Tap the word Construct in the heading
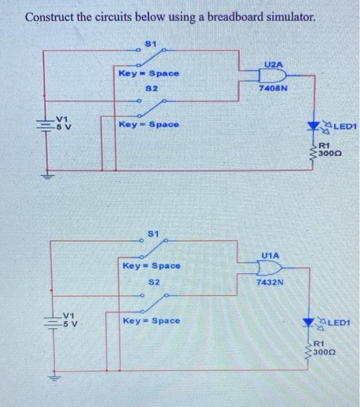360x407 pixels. pyautogui.click(x=47, y=17)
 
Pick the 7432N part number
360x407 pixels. pyautogui.click(x=269, y=282)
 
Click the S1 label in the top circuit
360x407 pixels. pyautogui.click(x=151, y=42)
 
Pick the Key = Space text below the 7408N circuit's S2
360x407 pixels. pyautogui.click(x=149, y=124)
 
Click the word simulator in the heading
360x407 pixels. pyautogui.click(x=284, y=17)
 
